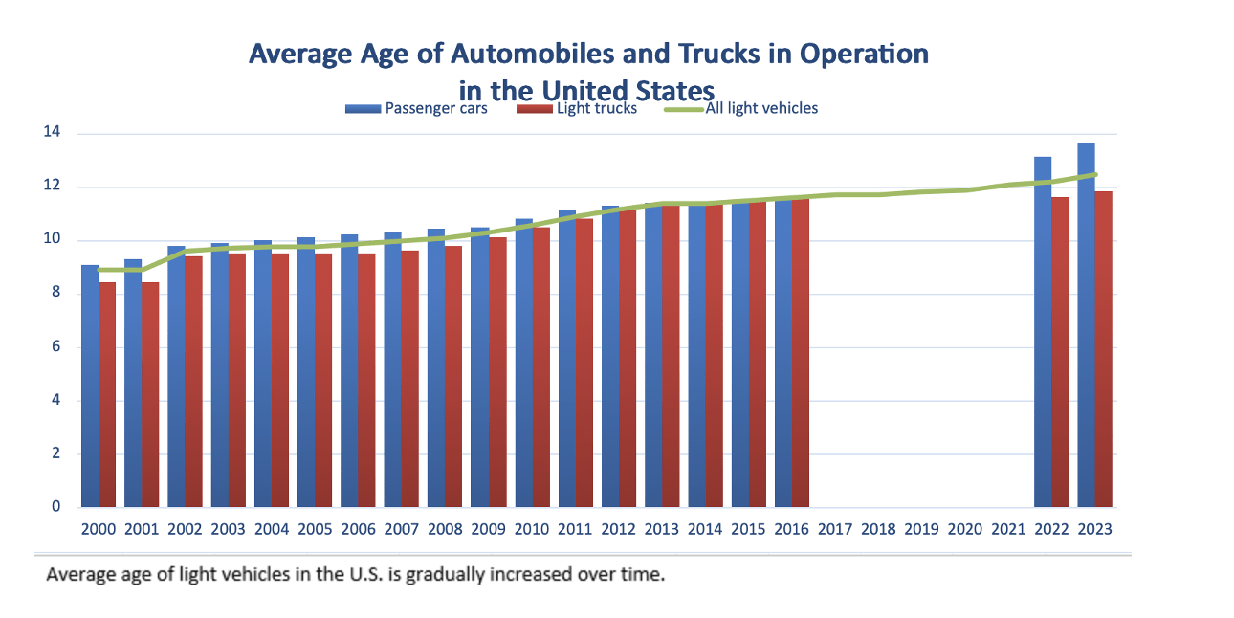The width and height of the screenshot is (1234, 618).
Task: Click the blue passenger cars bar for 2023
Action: pyautogui.click(x=1086, y=325)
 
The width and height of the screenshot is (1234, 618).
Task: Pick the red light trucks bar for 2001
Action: pyautogui.click(x=150, y=394)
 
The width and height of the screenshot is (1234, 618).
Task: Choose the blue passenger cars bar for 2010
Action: pyautogui.click(x=523, y=364)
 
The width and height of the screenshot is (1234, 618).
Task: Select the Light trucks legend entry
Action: pyautogui.click(x=577, y=108)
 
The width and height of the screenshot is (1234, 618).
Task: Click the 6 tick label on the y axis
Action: pyautogui.click(x=56, y=347)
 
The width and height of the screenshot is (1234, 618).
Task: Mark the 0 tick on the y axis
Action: pyautogui.click(x=56, y=507)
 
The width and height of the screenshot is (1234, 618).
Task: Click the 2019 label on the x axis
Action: pyautogui.click(x=921, y=528)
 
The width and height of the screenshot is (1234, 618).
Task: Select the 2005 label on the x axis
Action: pyautogui.click(x=315, y=528)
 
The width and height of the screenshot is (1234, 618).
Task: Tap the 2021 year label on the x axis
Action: pyautogui.click(x=1008, y=528)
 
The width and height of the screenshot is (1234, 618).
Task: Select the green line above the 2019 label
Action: pyautogui.click(x=921, y=191)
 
